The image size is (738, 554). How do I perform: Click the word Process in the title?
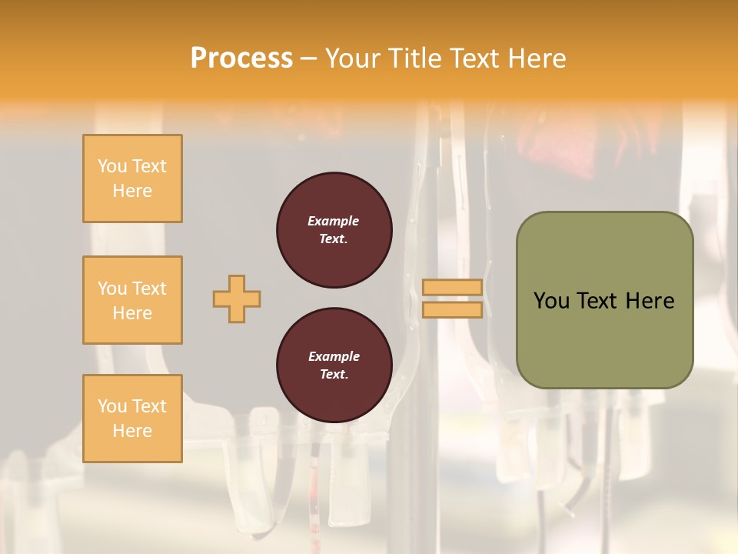(x=241, y=58)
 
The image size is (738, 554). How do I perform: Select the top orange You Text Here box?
(x=132, y=179)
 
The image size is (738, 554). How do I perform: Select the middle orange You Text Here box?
(x=132, y=300)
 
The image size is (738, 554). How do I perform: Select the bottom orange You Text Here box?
(x=132, y=419)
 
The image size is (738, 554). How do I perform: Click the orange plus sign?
(x=237, y=299)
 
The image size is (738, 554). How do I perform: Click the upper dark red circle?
(x=334, y=230)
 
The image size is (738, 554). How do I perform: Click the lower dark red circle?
(x=334, y=365)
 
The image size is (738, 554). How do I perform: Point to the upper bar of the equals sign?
(x=452, y=288)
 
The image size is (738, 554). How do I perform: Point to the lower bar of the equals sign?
(x=452, y=309)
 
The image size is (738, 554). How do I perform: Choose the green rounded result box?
(x=604, y=300)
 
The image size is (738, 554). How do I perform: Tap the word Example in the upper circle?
(x=334, y=221)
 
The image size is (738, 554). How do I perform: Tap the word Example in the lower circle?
(x=334, y=356)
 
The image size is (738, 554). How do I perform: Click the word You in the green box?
(x=552, y=301)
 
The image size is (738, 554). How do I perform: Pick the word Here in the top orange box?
(x=132, y=191)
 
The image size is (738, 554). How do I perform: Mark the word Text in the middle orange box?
(x=148, y=289)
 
